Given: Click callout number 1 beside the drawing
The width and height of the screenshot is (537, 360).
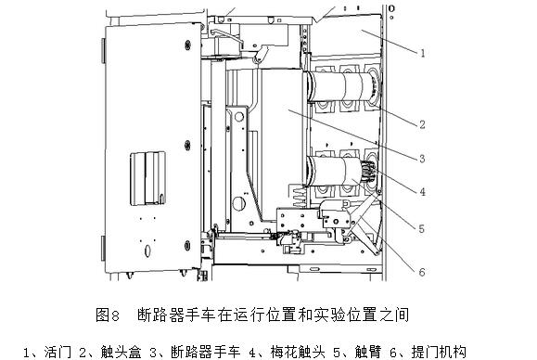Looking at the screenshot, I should click(422, 54).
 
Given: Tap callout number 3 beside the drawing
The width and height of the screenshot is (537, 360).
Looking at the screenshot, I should click(422, 160).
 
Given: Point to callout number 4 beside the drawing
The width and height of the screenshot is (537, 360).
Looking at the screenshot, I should click(422, 193).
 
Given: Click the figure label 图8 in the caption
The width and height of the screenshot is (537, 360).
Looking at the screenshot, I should click(109, 315).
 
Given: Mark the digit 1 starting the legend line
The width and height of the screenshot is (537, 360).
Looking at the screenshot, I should click(27, 351).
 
